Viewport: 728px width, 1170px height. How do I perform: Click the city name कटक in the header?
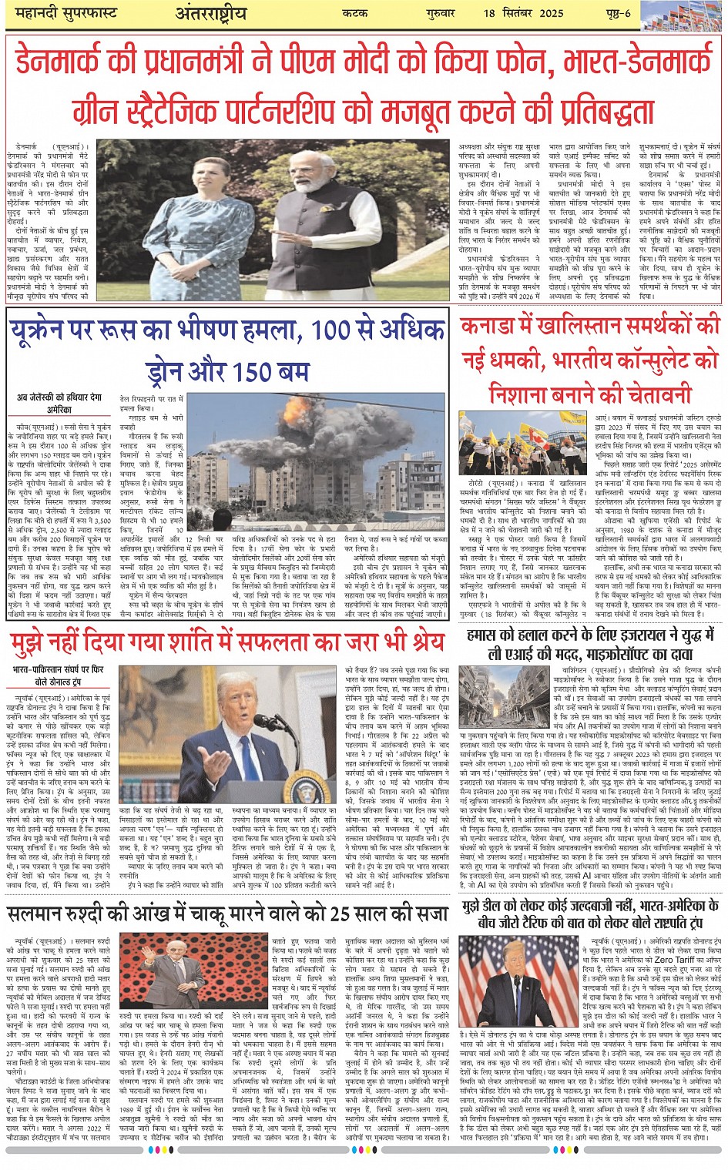(x=360, y=14)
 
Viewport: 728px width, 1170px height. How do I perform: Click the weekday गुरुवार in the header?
(x=440, y=14)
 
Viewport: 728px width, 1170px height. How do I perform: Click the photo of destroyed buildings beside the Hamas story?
(x=497, y=697)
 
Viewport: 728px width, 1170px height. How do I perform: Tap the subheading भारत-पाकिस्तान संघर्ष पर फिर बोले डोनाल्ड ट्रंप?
(x=58, y=676)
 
